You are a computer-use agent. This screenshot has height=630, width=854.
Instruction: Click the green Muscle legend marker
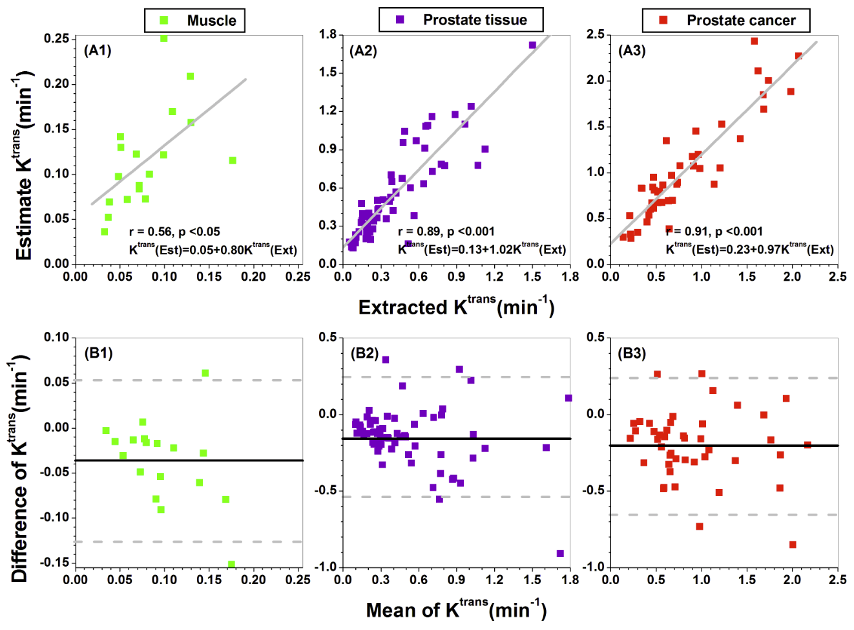pyautogui.click(x=164, y=21)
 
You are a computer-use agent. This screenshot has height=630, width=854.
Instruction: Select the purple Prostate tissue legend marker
pyautogui.click(x=400, y=20)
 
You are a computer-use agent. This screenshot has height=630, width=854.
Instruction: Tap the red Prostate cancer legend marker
pyautogui.click(x=663, y=20)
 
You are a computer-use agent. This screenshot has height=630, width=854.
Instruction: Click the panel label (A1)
pyautogui.click(x=98, y=50)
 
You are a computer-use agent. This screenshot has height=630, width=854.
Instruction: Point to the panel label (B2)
pyautogui.click(x=364, y=353)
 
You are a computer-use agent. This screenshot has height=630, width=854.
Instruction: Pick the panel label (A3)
pyautogui.click(x=632, y=50)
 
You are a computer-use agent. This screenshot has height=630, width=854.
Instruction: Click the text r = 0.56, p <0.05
pyautogui.click(x=174, y=232)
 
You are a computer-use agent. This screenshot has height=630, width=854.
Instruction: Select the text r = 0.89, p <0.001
pyautogui.click(x=446, y=232)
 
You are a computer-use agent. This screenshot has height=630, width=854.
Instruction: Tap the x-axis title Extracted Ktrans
pyautogui.click(x=456, y=306)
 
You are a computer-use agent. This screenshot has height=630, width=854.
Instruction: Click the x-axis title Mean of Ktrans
pyautogui.click(x=456, y=609)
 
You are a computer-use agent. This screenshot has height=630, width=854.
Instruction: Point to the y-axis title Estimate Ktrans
pyautogui.click(x=23, y=168)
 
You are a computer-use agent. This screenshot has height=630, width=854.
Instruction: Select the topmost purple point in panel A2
pyautogui.click(x=533, y=45)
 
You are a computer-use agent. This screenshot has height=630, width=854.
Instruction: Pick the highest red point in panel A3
pyautogui.click(x=754, y=41)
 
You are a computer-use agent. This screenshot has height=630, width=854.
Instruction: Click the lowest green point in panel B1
pyautogui.click(x=231, y=564)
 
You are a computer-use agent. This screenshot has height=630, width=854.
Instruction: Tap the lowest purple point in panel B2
pyautogui.click(x=560, y=553)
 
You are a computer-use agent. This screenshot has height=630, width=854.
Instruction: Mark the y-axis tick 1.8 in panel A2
pyautogui.click(x=328, y=34)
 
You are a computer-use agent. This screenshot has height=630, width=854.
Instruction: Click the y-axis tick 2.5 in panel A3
pyautogui.click(x=596, y=34)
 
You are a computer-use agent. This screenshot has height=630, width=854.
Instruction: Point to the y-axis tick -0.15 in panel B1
pyautogui.click(x=56, y=563)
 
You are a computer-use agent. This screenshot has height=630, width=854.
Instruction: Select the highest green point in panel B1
pyautogui.click(x=205, y=373)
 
